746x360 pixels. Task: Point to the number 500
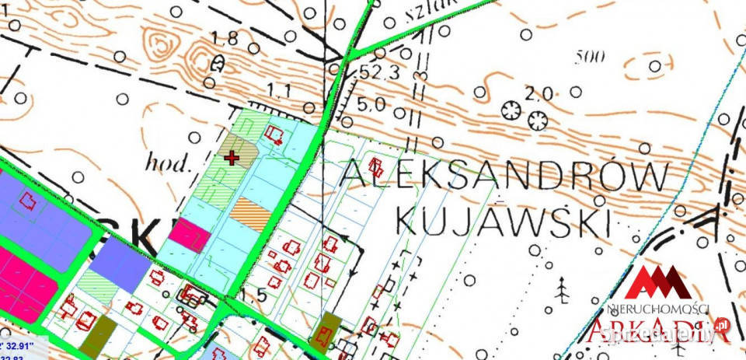pos(591,55)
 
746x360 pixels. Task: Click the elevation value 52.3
pos(381,72)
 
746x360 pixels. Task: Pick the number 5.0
pos(371,103)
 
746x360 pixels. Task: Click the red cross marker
pos(231,158)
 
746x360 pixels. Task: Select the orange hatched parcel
pos(250,213)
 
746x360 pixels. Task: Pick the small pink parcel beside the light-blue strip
pos(190,234)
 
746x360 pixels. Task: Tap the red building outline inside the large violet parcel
pos(29,203)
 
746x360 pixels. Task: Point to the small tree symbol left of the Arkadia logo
pos(562,291)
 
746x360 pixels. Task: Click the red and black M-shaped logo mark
pos(660,282)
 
